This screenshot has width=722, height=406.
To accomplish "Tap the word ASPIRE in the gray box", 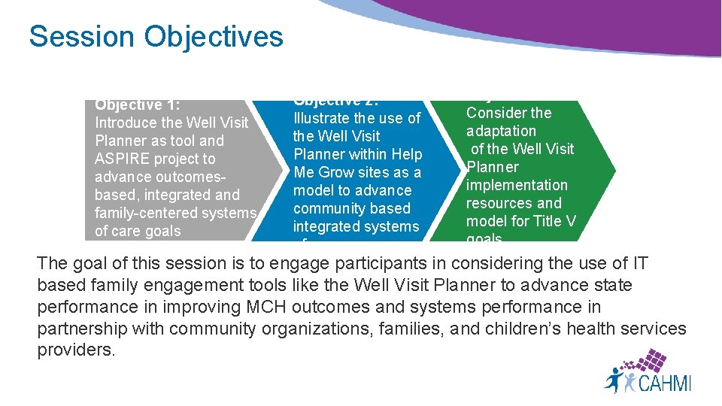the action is [123, 159].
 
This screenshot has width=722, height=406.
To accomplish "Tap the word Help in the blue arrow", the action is [407, 154].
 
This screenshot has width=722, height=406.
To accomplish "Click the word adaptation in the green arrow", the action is [501, 131].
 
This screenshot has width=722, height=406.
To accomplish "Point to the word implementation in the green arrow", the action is [517, 185].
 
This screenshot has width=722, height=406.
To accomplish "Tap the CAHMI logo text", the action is [664, 383].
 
